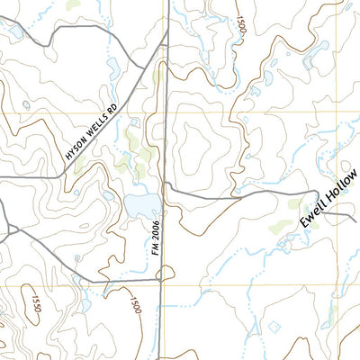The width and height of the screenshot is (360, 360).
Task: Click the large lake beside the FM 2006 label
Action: [139, 205]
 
